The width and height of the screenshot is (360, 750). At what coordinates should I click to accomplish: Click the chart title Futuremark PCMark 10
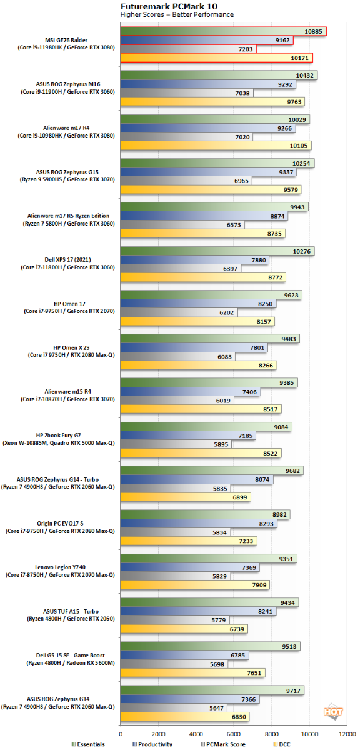pyautogui.click(x=169, y=6)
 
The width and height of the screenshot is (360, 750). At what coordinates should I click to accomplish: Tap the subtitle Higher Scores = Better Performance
pyautogui.click(x=177, y=15)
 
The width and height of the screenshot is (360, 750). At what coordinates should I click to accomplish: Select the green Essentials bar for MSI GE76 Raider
pyautogui.click(x=223, y=31)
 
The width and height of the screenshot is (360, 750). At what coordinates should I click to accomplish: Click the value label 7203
pyautogui.click(x=246, y=49)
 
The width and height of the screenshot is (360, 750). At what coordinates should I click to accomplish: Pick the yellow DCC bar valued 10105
pyautogui.click(x=216, y=145)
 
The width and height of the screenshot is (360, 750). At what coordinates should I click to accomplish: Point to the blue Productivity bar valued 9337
pyautogui.click(x=208, y=172)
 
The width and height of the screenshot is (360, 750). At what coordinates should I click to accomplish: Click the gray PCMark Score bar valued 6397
pyautogui.click(x=181, y=269)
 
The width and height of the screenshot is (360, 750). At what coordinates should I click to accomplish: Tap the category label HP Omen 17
pyautogui.click(x=69, y=304)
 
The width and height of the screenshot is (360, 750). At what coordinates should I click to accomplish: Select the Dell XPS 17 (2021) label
pyautogui.click(x=67, y=260)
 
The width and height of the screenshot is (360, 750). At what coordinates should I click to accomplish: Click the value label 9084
pyautogui.click(x=281, y=427)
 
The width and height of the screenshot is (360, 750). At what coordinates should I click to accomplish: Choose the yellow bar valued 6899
pyautogui.click(x=186, y=497)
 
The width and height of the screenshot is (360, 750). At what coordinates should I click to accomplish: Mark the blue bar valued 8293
pyautogui.click(x=199, y=524)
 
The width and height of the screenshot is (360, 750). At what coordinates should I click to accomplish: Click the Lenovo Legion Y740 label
pyautogui.click(x=60, y=567)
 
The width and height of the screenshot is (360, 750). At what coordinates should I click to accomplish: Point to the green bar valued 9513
pyautogui.click(x=210, y=646)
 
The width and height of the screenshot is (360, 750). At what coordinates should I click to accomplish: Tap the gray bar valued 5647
pyautogui.click(x=174, y=708)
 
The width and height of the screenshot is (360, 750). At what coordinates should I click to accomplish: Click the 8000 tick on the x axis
pyautogui.click(x=272, y=734)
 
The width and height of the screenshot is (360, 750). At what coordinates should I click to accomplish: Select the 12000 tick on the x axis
pyautogui.click(x=347, y=734)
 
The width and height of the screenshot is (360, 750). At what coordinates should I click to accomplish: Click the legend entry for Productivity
pyautogui.click(x=152, y=744)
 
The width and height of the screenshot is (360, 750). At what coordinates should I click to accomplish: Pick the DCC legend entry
pyautogui.click(x=282, y=744)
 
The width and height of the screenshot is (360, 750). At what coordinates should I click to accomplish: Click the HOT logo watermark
pyautogui.click(x=333, y=711)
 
